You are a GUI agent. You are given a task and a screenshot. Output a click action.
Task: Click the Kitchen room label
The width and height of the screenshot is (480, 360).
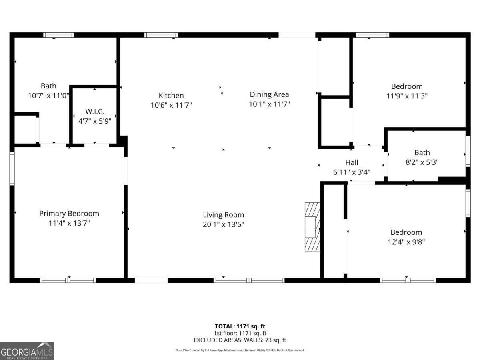click(171, 95)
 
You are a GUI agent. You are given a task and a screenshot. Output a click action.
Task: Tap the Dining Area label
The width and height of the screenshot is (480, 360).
click(269, 94)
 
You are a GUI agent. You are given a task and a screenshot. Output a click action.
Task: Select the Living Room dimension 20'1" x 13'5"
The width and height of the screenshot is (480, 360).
click(223, 224)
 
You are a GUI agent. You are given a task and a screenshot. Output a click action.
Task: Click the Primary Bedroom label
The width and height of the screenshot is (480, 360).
click(69, 214)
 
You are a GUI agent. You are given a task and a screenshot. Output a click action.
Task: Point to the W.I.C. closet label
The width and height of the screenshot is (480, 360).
click(95, 111)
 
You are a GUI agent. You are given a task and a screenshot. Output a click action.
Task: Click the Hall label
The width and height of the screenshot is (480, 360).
click(352, 162)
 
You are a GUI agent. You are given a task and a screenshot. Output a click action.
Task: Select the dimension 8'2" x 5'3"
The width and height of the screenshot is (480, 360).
click(422, 162)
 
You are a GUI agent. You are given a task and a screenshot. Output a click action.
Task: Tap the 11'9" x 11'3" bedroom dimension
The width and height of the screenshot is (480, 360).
click(406, 96)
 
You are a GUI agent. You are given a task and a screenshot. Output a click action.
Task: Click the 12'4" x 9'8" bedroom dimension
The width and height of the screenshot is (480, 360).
click(406, 242)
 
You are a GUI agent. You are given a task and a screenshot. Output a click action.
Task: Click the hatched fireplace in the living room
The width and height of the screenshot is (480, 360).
click(312, 226)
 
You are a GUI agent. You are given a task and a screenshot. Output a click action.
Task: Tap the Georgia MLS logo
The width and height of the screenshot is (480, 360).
click(27, 351)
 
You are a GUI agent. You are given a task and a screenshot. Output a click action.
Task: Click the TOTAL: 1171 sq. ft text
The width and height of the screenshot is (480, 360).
click(240, 326)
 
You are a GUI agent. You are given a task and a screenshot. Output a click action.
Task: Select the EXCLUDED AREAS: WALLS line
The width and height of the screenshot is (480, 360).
click(240, 340)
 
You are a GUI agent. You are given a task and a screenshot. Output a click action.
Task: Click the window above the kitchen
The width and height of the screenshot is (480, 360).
click(161, 35)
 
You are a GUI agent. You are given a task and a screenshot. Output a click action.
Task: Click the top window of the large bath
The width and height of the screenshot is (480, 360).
click(58, 35)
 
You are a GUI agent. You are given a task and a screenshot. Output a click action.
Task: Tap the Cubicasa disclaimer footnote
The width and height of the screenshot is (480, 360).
click(240, 350)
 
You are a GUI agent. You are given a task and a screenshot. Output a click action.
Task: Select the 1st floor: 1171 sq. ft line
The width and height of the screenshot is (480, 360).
click(240, 333)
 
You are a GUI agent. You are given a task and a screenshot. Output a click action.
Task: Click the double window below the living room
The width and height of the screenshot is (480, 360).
click(249, 280)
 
